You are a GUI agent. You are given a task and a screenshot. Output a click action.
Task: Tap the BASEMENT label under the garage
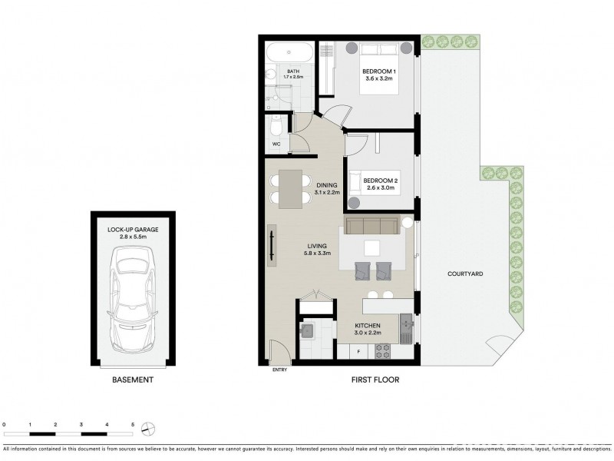[133, 380]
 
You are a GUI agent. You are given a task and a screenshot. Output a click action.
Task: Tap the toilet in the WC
[276, 126]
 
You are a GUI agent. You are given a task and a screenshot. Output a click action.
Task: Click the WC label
[276, 144]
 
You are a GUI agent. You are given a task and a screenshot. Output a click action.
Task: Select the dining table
[290, 188]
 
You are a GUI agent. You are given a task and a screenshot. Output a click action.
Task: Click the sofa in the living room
[371, 226]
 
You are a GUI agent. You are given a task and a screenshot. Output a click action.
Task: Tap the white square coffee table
[371, 247]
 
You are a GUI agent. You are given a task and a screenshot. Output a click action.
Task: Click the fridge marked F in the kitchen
[359, 352]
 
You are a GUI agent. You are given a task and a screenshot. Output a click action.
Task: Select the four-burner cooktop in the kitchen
[381, 351]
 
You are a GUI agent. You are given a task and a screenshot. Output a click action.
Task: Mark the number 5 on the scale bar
[133, 423]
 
